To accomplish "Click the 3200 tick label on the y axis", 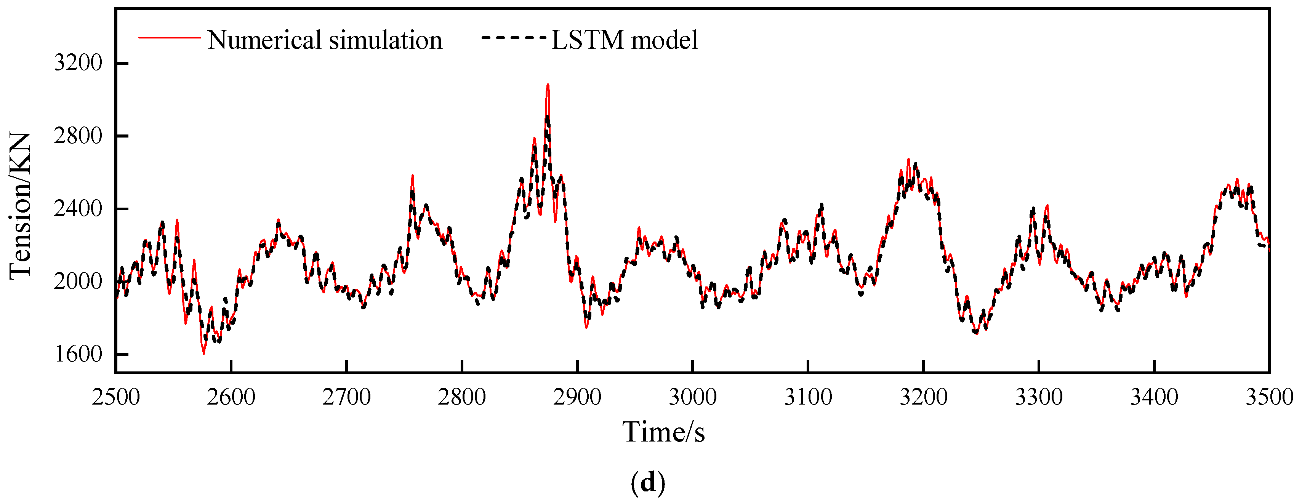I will coord(78,63).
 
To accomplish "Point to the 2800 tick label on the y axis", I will coord(78,136).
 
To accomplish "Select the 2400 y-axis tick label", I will coord(78,209).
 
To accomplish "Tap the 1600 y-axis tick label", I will coord(78,354).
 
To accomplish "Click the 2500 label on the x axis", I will coord(116,397).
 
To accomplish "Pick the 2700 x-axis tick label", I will coord(347,397).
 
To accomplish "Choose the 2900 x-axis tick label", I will coord(577,397).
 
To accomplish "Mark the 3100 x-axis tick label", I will coord(808,397).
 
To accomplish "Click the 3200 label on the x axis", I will coord(923,397).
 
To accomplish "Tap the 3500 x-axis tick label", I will coord(1268,397).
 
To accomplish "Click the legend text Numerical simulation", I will coord(325,40).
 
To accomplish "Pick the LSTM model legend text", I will coord(625,40).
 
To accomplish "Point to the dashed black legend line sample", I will coord(514,37).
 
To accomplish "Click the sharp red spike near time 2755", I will coord(412,176).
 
